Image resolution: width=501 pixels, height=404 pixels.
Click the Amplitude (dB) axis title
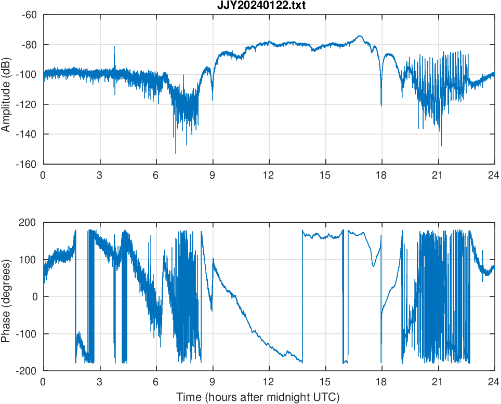(6, 89)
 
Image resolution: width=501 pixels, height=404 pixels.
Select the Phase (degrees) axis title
(6, 297)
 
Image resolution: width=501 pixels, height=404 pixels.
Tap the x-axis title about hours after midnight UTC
(258, 397)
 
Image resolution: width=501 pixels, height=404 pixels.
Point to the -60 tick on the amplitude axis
(29, 15)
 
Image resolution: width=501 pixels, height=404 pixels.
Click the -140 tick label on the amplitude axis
(27, 134)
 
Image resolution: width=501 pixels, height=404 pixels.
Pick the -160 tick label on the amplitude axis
(27, 164)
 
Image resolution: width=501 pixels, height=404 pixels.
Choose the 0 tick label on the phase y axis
(34, 297)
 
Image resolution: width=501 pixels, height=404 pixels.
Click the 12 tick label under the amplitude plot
(269, 175)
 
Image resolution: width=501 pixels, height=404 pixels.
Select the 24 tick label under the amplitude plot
(494, 175)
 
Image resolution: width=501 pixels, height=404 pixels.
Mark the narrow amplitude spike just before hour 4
(114, 47)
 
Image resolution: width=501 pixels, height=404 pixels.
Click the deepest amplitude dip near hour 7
(176, 153)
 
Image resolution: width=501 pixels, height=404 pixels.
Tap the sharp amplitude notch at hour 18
(381, 105)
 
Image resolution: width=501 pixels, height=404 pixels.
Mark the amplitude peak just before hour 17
(360, 36)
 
